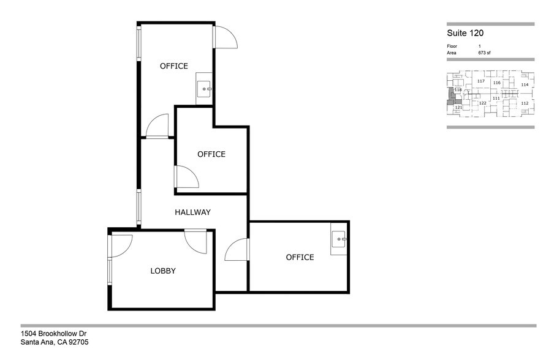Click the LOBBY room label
tap(163, 271)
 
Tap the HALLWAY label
tap(192, 212)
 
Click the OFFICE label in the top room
tap(173, 66)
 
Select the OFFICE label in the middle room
tap(211, 154)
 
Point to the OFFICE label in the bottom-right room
tap(300, 257)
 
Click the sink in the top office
tap(204, 89)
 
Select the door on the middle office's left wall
tap(185, 177)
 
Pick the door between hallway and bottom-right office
tap(237, 250)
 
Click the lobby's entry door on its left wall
tap(119, 246)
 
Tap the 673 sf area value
tap(484, 53)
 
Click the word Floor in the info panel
tap(452, 47)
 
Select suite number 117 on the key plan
tap(480, 81)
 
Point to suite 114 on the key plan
tap(524, 84)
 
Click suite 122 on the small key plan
tap(482, 103)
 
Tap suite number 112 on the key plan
tap(524, 103)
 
